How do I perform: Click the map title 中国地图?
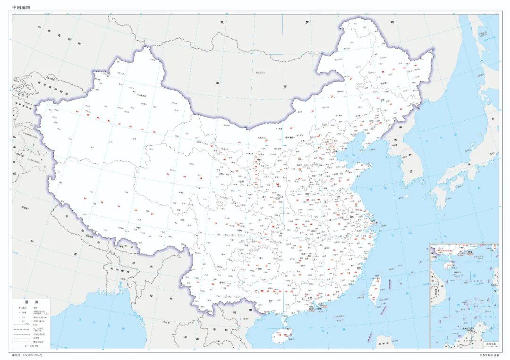tap(21, 8)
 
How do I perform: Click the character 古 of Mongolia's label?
tap(285, 86)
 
